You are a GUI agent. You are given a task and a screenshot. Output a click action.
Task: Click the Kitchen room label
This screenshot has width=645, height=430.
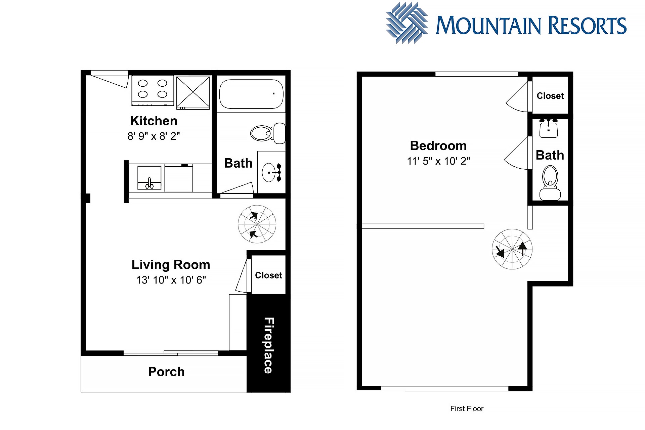coord(154,121)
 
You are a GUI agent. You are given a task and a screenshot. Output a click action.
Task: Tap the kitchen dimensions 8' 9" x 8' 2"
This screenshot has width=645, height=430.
coord(154,136)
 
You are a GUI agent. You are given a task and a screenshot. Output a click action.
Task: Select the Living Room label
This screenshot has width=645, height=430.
coord(171,265)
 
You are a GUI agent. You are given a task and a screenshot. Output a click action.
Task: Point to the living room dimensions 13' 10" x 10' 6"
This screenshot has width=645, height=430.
coord(171,280)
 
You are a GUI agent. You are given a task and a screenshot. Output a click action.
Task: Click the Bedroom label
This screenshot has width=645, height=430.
coord(438,146)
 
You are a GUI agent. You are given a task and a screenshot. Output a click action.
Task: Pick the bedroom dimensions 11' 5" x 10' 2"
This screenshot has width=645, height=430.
coord(438,161)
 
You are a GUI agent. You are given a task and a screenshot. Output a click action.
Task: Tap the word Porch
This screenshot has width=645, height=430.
coord(166,372)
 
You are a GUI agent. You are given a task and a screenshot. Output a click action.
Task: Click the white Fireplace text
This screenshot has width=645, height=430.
coord(268,345)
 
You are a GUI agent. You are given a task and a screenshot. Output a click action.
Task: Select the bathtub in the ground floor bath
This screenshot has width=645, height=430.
coord(251,94)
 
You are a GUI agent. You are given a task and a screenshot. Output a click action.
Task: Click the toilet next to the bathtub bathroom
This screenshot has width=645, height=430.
coord(268,133)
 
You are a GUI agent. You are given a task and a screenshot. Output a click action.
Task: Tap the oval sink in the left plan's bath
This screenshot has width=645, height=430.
coord(269,172)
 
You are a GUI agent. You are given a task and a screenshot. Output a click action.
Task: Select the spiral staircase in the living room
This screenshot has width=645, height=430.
coord(257,224)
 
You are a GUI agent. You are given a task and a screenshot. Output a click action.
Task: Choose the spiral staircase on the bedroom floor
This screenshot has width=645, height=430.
coord(512,249)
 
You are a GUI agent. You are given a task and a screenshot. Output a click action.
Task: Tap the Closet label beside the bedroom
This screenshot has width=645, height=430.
coord(550,96)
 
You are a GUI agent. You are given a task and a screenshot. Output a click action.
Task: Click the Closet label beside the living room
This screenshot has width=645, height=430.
coord(268,275)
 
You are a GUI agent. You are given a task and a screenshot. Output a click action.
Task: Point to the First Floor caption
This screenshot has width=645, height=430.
coord(467,409)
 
